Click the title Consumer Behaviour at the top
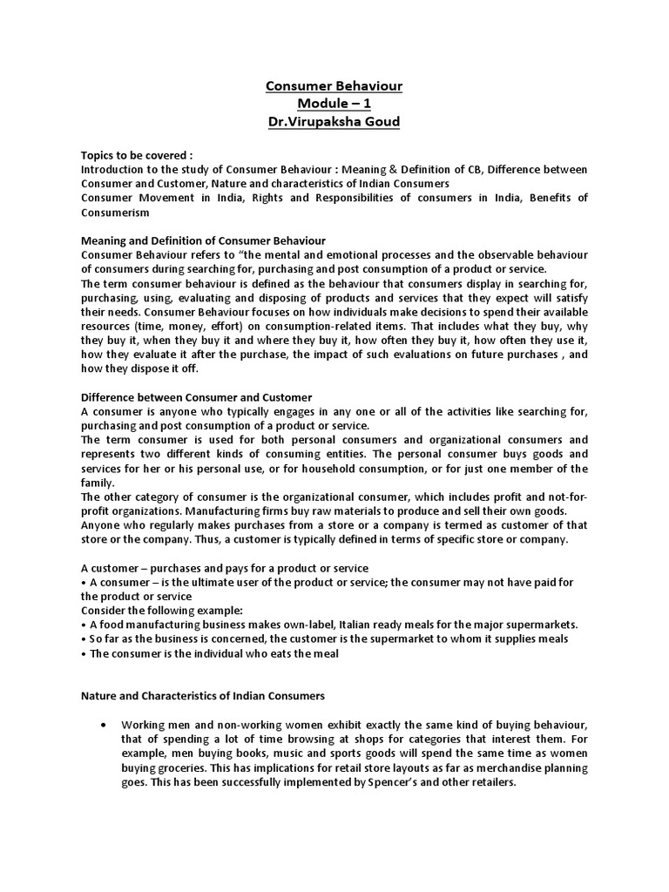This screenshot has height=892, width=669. tap(334, 87)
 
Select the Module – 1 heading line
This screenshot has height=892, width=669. tap(334, 105)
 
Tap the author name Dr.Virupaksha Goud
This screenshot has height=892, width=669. tap(334, 122)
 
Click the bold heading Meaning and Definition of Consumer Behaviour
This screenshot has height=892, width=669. tap(203, 240)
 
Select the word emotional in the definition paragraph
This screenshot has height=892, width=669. tap(340, 253)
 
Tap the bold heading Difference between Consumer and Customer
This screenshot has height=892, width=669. tap(196, 396)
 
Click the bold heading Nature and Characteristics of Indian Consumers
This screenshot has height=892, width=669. tap(203, 696)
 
